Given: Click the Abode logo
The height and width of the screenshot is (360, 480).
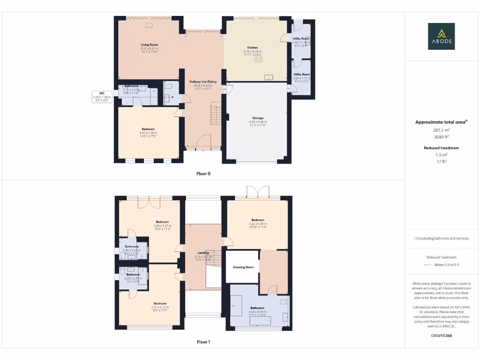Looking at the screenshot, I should (x=441, y=36).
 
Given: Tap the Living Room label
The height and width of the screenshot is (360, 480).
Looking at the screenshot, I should (x=149, y=45).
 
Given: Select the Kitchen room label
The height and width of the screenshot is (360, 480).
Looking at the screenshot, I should (x=253, y=48).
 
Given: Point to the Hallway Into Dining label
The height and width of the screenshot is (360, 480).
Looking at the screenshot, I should (x=203, y=82).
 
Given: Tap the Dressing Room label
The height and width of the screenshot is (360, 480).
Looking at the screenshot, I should (x=243, y=267).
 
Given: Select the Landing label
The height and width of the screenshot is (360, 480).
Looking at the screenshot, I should (x=203, y=253).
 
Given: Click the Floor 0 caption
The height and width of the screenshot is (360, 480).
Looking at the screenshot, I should (x=203, y=173).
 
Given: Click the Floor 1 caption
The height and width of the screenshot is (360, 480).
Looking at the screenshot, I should (x=203, y=342).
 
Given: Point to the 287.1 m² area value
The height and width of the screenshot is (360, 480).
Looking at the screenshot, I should (x=442, y=130).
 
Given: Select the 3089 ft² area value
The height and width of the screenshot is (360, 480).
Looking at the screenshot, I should (x=442, y=137).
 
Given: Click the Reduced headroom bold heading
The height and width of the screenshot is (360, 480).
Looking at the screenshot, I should (x=442, y=148).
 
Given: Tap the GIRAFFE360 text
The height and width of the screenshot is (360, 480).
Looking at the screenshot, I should (x=442, y=336).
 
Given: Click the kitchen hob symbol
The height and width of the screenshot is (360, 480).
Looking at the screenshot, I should (x=258, y=59).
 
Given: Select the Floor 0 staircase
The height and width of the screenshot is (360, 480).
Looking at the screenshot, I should (x=216, y=115).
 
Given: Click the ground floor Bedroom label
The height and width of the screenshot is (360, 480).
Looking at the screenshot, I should (x=148, y=129).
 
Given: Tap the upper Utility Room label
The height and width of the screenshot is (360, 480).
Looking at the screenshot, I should (x=301, y=38).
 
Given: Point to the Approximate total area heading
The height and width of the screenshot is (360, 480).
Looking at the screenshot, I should (x=441, y=122).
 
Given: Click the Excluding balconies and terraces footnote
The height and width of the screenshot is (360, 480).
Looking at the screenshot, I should (x=442, y=239).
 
